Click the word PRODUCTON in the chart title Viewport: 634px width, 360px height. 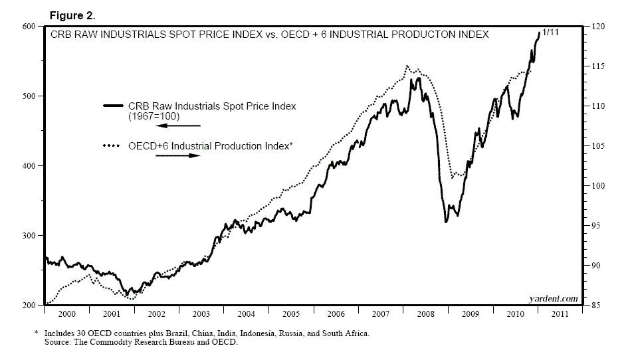416,34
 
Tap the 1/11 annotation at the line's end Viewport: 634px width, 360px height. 552,32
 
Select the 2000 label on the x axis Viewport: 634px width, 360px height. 66,313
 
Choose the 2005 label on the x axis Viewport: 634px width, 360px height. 290,313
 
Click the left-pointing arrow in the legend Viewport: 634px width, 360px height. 177,125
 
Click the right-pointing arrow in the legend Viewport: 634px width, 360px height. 177,155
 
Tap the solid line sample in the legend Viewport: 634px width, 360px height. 113,106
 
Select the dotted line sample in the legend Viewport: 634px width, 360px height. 113,145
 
